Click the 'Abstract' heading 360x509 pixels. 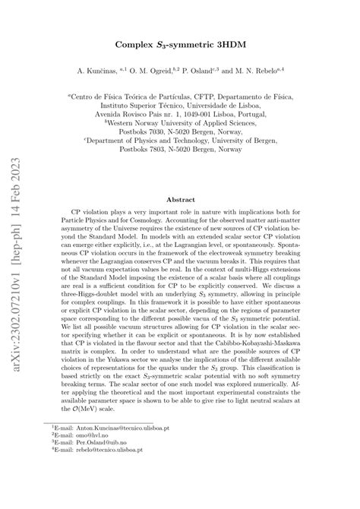click(x=180, y=198)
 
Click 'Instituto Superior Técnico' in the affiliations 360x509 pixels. click(x=152, y=106)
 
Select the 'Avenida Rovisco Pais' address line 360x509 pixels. click(x=180, y=115)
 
